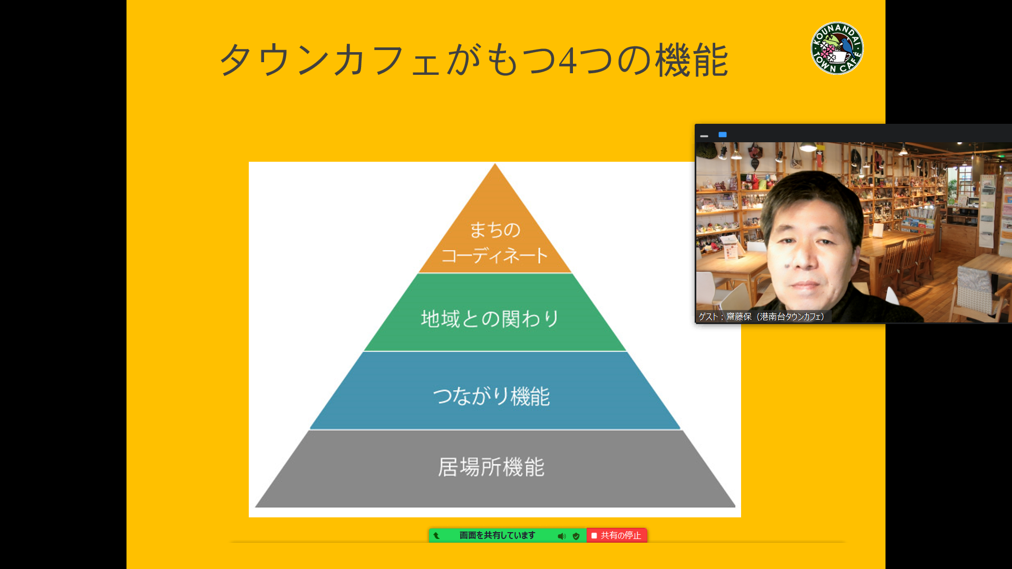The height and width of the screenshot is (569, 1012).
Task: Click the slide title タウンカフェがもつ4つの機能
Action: (x=473, y=60)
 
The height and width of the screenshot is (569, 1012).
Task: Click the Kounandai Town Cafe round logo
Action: (x=837, y=48)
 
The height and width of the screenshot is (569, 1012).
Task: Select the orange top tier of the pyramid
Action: (x=495, y=227)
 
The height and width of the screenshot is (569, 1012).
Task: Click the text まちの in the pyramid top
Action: (x=495, y=230)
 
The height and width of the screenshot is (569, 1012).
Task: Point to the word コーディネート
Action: (x=495, y=256)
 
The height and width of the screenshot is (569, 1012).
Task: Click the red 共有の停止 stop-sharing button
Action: (x=617, y=535)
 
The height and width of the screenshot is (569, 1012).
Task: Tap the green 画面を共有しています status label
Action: (x=497, y=535)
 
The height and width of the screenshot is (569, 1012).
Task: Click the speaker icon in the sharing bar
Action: (x=562, y=536)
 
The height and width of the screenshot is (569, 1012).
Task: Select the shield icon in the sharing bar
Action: (x=576, y=536)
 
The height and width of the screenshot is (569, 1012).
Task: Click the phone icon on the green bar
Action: (x=436, y=536)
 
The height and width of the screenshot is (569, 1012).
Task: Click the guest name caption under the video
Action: (x=762, y=317)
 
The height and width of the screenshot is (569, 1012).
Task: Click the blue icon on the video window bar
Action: (x=723, y=135)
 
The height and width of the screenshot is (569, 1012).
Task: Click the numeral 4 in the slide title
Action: (x=567, y=61)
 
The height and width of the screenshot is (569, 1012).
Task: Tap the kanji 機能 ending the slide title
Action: (x=692, y=60)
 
